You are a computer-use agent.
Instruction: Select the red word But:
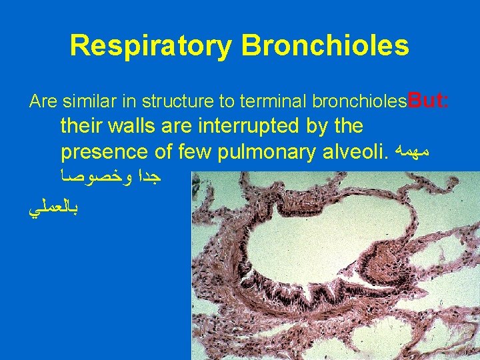(x=428, y=101)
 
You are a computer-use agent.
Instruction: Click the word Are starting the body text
(x=44, y=102)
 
